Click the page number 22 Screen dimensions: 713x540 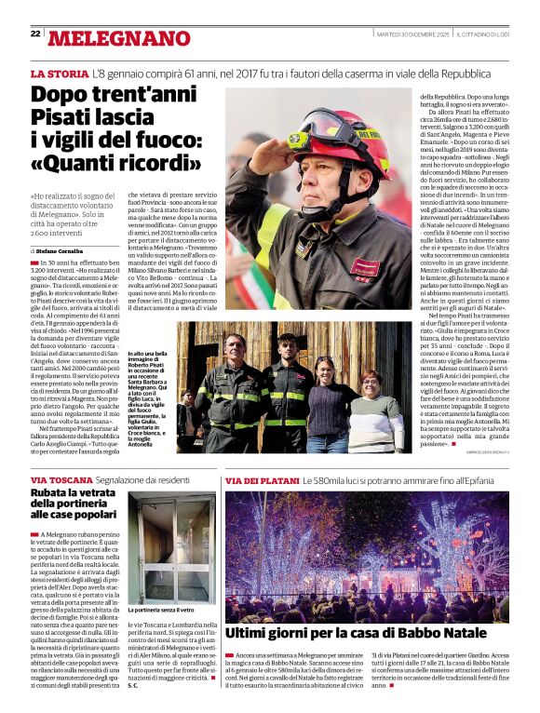35,34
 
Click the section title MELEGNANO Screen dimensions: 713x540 118,38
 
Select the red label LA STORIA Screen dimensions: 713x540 60,73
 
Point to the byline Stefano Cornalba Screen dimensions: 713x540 64,251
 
